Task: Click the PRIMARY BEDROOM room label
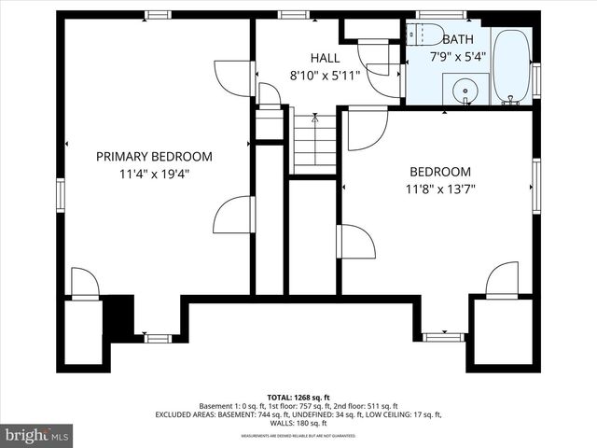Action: pyautogui.click(x=154, y=157)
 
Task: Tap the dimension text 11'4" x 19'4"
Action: pyautogui.click(x=154, y=174)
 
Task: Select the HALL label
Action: pyautogui.click(x=298, y=56)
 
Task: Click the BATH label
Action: pyautogui.click(x=457, y=39)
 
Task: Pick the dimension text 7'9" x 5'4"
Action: pyautogui.click(x=457, y=56)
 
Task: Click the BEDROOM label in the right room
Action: pyautogui.click(x=440, y=172)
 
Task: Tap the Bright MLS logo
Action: pyautogui.click(x=37, y=435)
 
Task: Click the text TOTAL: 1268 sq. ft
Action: pyautogui.click(x=298, y=398)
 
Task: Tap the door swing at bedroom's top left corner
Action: pyautogui.click(x=367, y=129)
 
